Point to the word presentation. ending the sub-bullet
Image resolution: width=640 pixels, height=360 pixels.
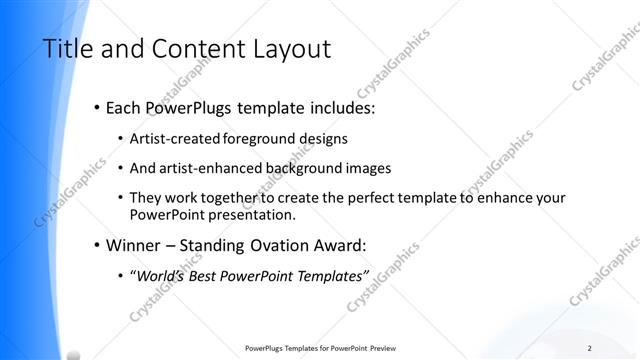click(x=257, y=214)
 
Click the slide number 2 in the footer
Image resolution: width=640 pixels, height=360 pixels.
click(x=590, y=348)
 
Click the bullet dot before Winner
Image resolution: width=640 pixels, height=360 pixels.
click(x=96, y=245)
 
